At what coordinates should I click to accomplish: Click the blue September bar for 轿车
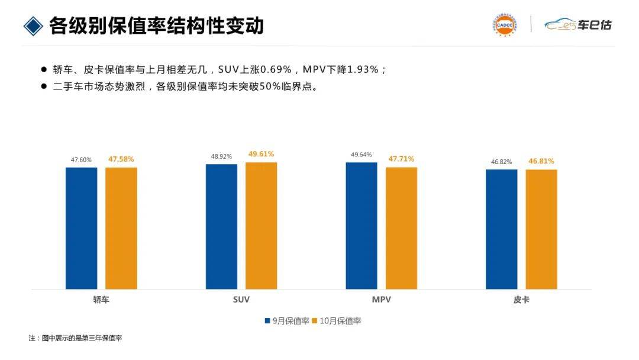click(81, 228)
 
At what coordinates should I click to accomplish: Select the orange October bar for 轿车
click(121, 228)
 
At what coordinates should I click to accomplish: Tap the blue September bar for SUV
click(221, 226)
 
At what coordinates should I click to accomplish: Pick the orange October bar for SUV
click(262, 226)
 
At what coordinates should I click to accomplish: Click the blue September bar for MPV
click(362, 226)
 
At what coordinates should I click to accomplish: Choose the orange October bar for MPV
click(401, 228)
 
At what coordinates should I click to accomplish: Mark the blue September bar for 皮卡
click(502, 229)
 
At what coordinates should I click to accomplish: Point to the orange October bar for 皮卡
click(541, 229)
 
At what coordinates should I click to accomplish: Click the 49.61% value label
click(261, 154)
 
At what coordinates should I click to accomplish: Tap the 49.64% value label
click(362, 155)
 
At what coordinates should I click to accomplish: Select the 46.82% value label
click(502, 162)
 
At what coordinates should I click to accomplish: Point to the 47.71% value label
click(401, 159)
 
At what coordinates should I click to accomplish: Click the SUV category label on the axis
click(241, 300)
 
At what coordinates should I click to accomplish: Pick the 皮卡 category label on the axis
click(521, 300)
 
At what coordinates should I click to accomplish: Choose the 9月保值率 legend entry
click(287, 321)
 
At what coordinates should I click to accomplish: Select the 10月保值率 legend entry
click(337, 321)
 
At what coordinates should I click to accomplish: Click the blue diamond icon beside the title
click(33, 25)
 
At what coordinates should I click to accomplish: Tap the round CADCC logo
click(504, 25)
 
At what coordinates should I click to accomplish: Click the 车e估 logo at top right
click(578, 25)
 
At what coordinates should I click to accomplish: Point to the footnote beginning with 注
click(75, 338)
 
